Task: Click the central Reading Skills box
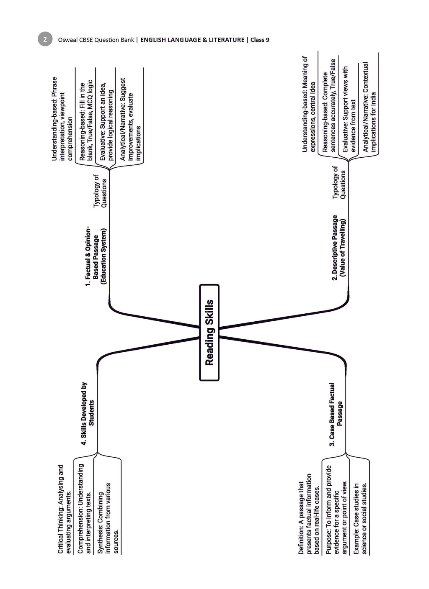pyautogui.click(x=209, y=333)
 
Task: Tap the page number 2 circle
pyautogui.click(x=45, y=39)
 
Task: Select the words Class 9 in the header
pyautogui.click(x=260, y=40)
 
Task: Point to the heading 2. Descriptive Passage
pyautogui.click(x=339, y=248)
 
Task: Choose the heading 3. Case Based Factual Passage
pyautogui.click(x=336, y=414)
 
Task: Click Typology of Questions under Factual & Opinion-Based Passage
pyautogui.click(x=100, y=191)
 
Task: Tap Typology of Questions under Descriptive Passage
pyautogui.click(x=339, y=182)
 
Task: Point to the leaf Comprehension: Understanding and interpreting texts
pyautogui.click(x=84, y=509)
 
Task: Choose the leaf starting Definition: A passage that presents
pyautogui.click(x=309, y=514)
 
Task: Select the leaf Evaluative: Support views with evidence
pyautogui.click(x=349, y=109)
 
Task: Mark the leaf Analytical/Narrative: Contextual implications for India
pyautogui.click(x=369, y=107)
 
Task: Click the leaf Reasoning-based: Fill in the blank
pyautogui.click(x=86, y=120)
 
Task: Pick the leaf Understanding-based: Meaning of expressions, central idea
pyautogui.click(x=309, y=104)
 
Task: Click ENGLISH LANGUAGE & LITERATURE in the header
pyautogui.click(x=192, y=40)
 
